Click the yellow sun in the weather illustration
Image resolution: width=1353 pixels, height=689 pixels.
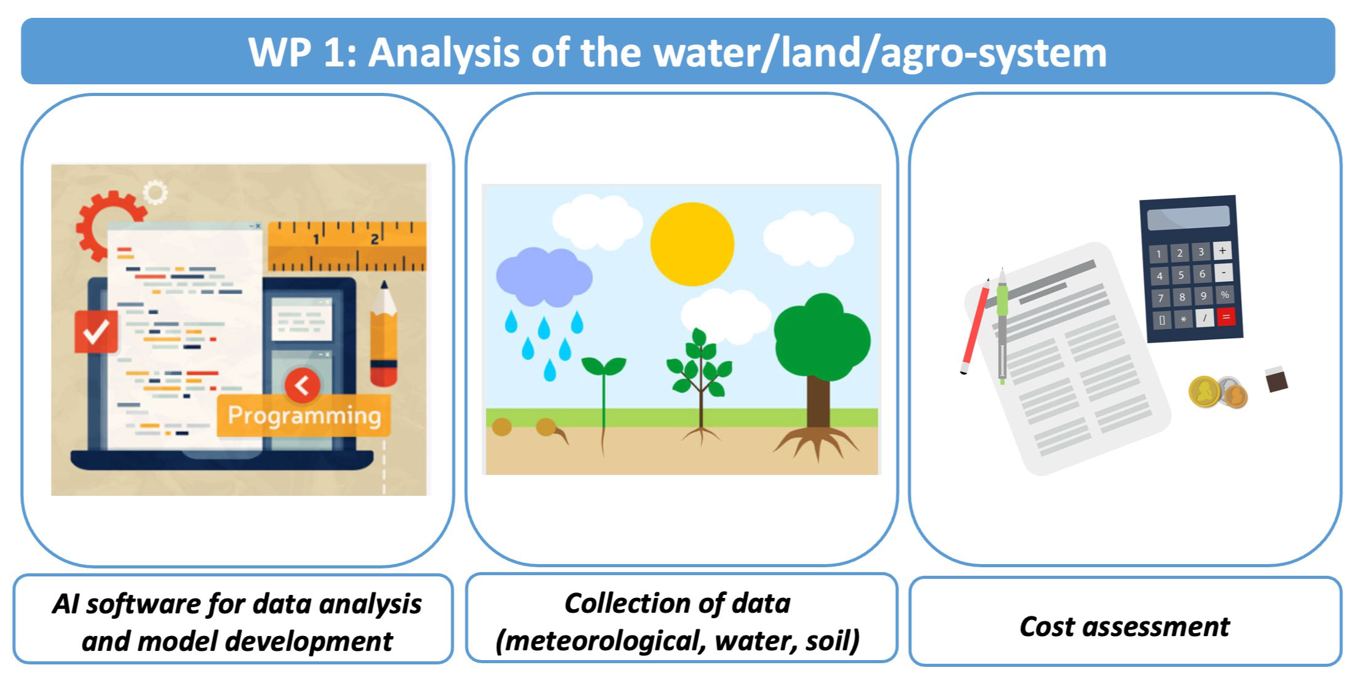click(x=692, y=244)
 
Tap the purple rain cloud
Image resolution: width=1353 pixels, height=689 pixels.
click(x=544, y=276)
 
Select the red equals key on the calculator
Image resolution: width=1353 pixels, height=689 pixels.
click(x=1226, y=317)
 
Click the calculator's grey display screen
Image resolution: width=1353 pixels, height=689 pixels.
click(x=1188, y=217)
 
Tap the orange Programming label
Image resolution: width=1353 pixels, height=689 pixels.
click(x=304, y=415)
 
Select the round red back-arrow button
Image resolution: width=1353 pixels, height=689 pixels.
click(x=302, y=385)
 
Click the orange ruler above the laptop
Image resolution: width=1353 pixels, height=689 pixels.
click(x=347, y=247)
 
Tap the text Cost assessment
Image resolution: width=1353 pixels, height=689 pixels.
click(x=1124, y=627)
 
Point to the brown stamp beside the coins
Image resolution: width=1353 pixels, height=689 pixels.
click(x=1276, y=380)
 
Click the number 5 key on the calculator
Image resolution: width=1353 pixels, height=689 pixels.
click(x=1181, y=275)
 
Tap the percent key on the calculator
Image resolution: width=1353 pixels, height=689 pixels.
click(x=1224, y=295)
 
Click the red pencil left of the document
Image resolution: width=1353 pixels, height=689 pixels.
click(x=975, y=326)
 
